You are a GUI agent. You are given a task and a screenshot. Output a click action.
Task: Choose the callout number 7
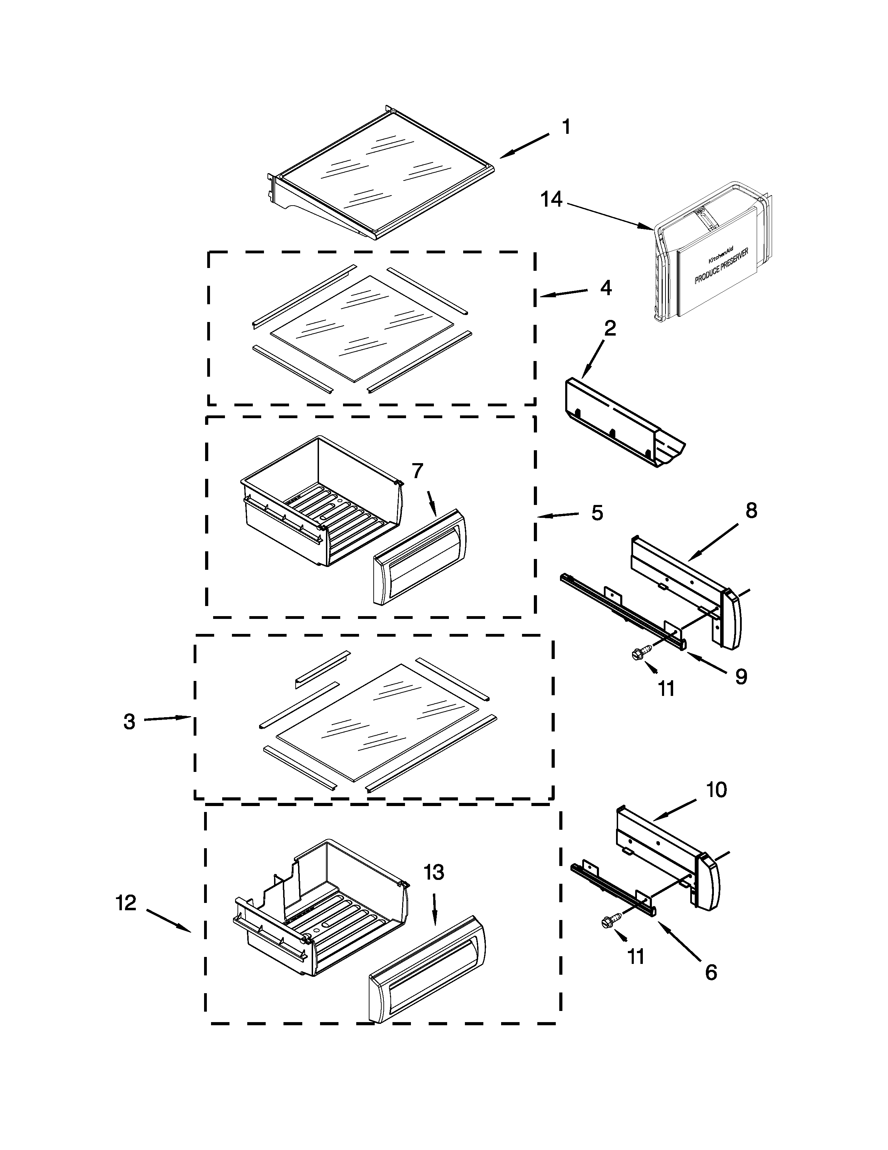point(417,471)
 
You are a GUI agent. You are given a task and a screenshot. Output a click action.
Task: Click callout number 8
point(751,510)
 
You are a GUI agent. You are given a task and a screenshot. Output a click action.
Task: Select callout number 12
point(126,903)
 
